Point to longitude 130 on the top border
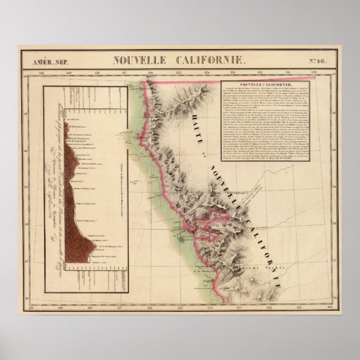pos(41,72)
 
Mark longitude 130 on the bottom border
pos(41,307)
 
